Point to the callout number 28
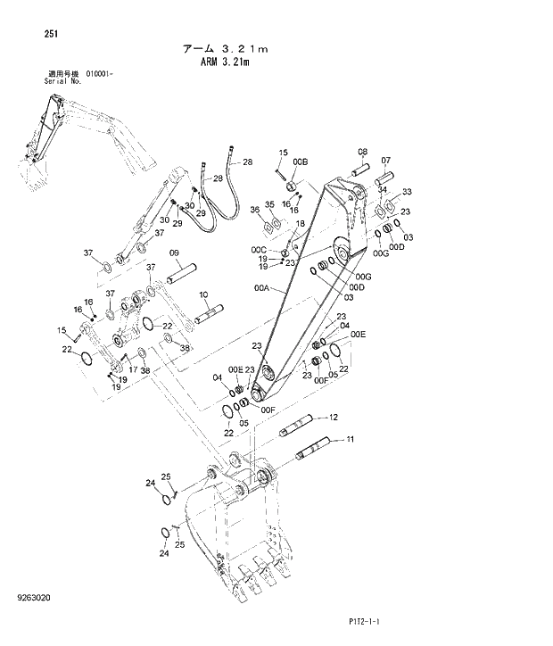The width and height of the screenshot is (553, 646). tap(248, 161)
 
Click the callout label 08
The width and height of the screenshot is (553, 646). tap(363, 152)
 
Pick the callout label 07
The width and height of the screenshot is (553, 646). tap(386, 161)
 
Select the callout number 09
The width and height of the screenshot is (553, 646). tap(175, 253)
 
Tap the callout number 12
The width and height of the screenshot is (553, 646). tap(334, 417)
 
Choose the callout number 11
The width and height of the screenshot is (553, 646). tap(351, 439)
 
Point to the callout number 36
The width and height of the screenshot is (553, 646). tap(255, 210)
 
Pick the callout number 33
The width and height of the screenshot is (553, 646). tap(407, 192)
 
